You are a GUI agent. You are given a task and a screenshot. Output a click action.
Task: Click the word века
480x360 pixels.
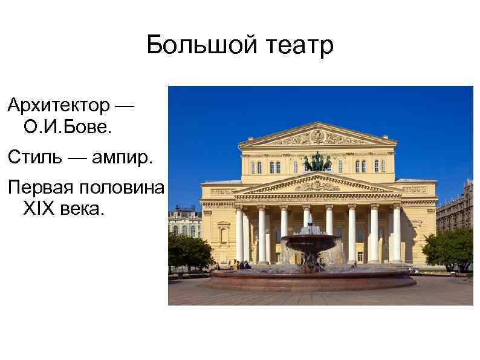pyautogui.click(x=82, y=209)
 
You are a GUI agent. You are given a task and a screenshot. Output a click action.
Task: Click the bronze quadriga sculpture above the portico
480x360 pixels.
pyautogui.click(x=317, y=162)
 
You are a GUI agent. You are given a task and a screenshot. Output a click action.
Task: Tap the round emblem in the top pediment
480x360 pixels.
pyautogui.click(x=317, y=137)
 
